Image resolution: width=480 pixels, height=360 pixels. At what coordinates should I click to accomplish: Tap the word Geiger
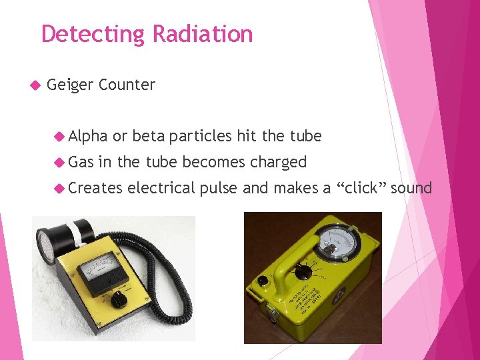pyautogui.click(x=70, y=85)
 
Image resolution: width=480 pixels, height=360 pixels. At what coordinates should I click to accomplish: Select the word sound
pyautogui.click(x=411, y=188)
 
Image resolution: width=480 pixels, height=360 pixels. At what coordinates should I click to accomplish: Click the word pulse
pyautogui.click(x=218, y=188)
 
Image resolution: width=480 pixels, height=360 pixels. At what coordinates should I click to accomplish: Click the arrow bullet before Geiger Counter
pyautogui.click(x=36, y=85)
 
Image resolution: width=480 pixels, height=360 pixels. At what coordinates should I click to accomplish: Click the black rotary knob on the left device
pyautogui.click(x=119, y=300)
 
